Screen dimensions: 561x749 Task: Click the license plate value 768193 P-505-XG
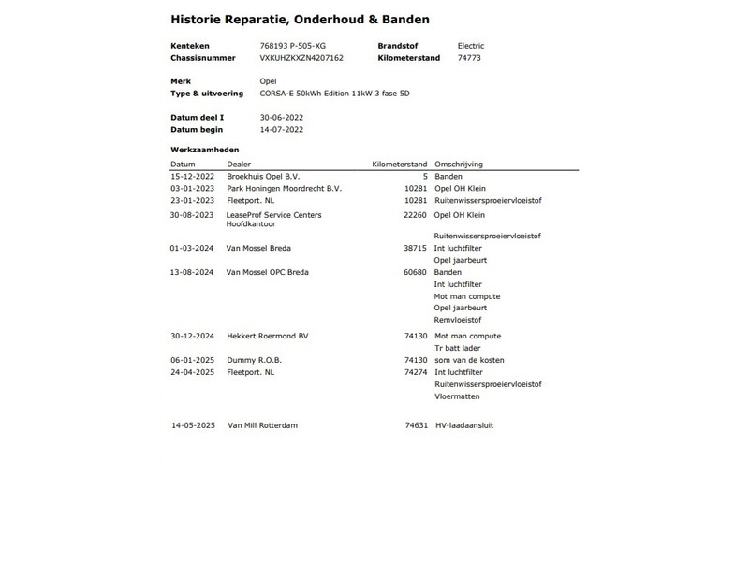[293, 45]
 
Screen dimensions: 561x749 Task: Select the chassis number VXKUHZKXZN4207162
[301, 57]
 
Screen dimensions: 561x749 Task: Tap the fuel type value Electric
[471, 45]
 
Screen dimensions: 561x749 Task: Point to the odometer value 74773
[469, 57]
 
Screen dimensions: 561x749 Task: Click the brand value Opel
[268, 81]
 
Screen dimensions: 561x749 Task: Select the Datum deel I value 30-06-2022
[281, 117]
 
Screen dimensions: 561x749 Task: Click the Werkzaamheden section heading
[204, 150]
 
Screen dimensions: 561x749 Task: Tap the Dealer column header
[239, 164]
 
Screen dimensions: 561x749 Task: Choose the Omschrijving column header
[459, 164]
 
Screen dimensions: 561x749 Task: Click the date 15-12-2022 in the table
[193, 176]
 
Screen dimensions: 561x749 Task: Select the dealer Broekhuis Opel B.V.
[269, 176]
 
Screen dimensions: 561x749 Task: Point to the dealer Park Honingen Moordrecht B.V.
[284, 188]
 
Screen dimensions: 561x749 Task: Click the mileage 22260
[415, 214]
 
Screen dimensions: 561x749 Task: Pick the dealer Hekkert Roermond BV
[267, 336]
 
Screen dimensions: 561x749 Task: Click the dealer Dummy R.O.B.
[254, 360]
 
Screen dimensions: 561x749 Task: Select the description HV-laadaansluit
[464, 425]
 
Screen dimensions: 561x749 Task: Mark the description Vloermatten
[457, 396]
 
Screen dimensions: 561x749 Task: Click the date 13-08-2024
[193, 272]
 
